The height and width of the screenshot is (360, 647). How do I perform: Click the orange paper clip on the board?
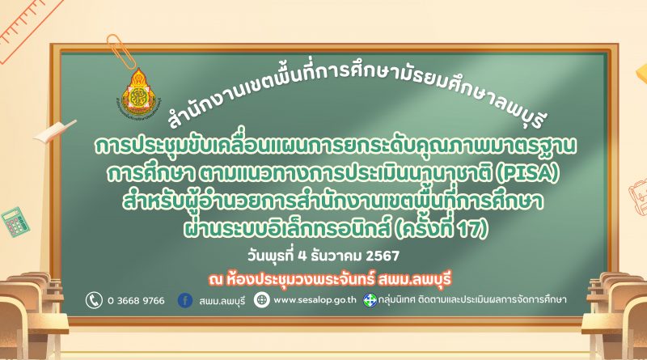point(121,52)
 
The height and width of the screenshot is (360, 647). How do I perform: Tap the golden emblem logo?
point(138,94)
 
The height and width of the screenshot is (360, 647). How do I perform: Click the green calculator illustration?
point(15,222)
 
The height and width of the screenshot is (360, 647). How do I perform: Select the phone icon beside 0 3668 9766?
point(94,300)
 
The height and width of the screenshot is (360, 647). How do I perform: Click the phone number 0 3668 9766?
point(136,301)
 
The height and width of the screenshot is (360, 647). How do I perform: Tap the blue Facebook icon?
point(185,300)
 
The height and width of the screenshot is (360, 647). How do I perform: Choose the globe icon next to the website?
point(261,299)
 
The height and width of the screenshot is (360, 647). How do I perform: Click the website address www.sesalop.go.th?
point(315,300)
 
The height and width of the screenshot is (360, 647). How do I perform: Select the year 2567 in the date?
point(382,256)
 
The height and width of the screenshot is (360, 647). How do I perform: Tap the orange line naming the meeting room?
point(329,279)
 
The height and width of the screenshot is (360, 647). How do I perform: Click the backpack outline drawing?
point(637,197)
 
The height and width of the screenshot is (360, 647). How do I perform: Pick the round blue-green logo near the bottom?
point(370,300)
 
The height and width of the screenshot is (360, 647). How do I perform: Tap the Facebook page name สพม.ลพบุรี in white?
point(222,301)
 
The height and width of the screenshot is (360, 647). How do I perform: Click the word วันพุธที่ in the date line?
point(270,256)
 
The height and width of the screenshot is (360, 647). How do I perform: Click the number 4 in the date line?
point(302,256)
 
